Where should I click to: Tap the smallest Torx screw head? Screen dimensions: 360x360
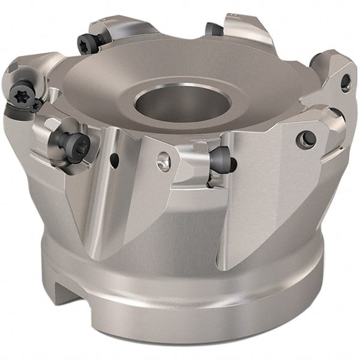click(36, 106)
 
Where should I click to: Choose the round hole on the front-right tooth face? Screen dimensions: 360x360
click(306, 139)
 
